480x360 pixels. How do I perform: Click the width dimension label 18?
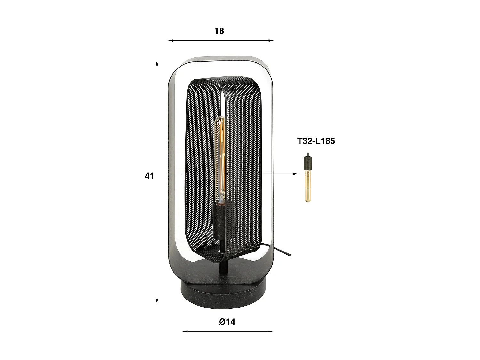[x=219, y=31]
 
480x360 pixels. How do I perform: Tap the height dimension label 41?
[x=149, y=176]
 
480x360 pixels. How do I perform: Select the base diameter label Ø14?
[x=227, y=322]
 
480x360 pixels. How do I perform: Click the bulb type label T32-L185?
[x=316, y=141]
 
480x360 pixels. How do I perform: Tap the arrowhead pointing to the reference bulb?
[x=295, y=174]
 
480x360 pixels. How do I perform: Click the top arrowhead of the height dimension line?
[x=157, y=63]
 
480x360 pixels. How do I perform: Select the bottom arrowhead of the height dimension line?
[x=157, y=300]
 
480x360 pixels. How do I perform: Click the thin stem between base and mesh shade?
[x=222, y=266]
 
